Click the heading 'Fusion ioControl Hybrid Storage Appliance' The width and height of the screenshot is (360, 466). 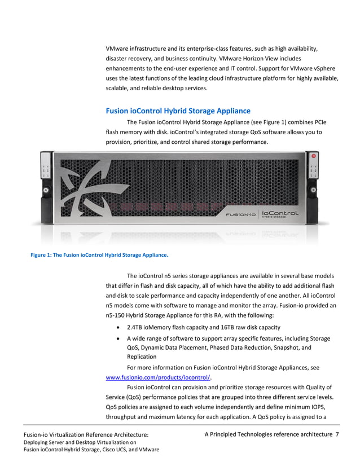point(178,111)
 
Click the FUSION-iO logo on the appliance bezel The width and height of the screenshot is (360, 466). point(240,214)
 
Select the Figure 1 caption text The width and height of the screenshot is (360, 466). point(99,254)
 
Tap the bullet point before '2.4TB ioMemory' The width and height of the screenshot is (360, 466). point(117,327)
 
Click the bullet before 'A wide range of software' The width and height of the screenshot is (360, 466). point(117,338)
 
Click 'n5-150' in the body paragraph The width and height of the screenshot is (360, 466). point(116,315)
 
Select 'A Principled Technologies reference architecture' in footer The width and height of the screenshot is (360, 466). point(268,434)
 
